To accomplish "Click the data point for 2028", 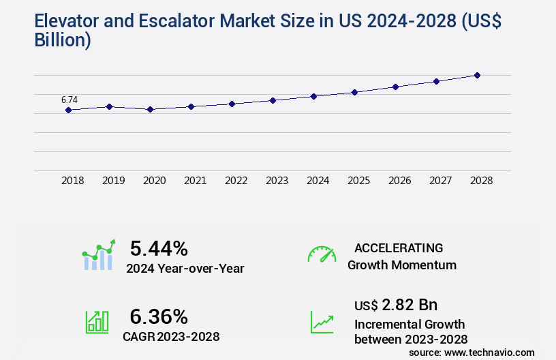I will coord(477,75).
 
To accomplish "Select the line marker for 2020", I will coord(151,109).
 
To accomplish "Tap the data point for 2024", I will coord(313,96).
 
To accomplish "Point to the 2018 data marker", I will coord(69,110).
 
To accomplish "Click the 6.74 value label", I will coord(69,100).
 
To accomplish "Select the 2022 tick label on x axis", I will coord(236,181).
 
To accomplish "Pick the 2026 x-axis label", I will coord(399,181).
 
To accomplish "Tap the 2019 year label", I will coord(113,181).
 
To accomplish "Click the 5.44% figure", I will coord(159,248).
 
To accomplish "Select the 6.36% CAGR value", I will coord(159,316).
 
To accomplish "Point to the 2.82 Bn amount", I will coord(409,304).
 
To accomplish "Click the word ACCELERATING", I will coord(399,247).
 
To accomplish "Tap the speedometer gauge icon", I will coord(322,254).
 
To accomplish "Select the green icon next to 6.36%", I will coord(97,322).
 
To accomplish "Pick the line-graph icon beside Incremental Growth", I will coord(322,322).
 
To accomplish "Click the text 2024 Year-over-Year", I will coord(185,268).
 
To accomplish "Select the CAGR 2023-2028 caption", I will coord(171,336).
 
